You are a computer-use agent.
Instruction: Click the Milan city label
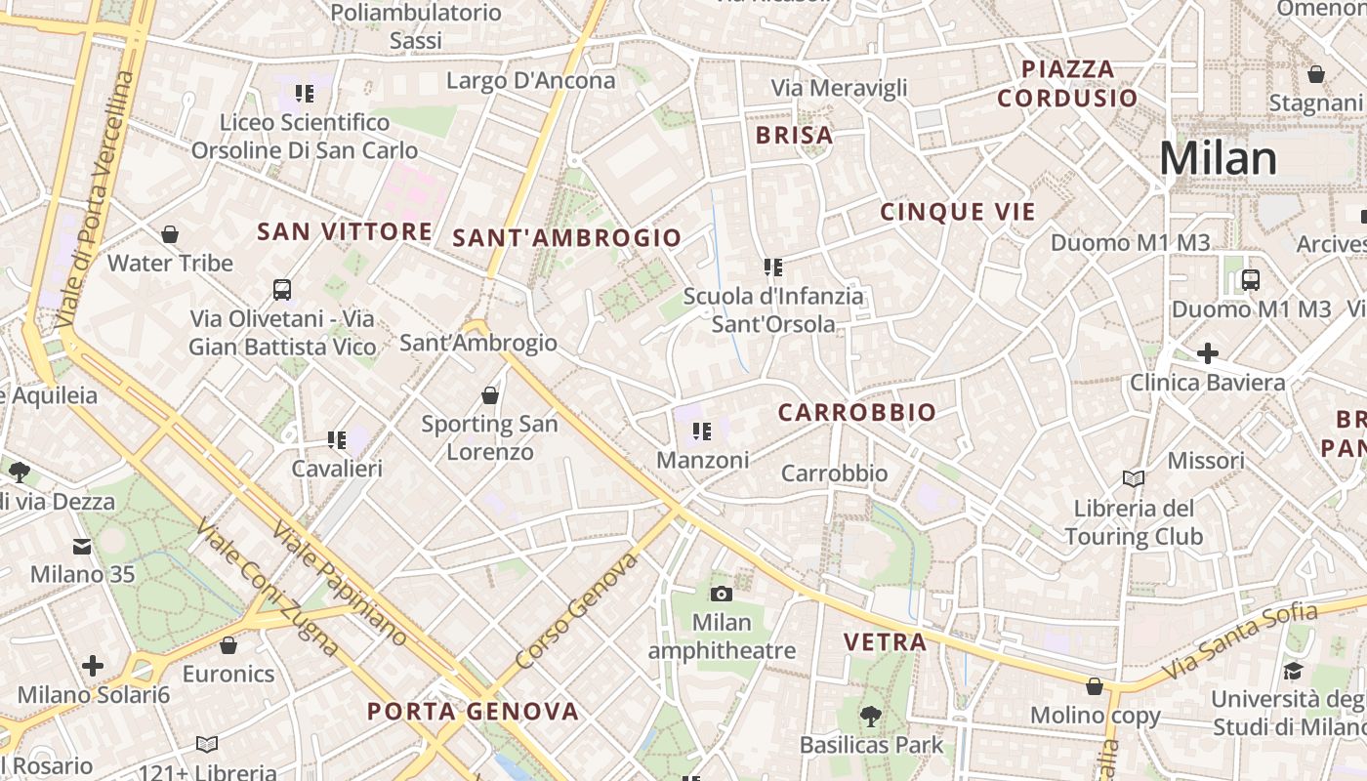[1218, 158]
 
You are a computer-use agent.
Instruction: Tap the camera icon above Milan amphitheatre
[721, 594]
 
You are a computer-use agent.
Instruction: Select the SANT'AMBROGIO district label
[566, 237]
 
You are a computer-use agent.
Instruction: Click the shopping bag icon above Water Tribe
[170, 234]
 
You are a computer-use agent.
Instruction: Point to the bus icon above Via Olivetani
[282, 289]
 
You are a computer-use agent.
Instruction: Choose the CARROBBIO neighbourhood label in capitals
[856, 413]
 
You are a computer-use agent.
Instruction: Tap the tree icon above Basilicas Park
[870, 717]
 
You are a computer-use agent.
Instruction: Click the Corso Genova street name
[576, 611]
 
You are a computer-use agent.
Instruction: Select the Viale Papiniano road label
[339, 583]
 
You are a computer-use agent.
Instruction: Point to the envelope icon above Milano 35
[82, 547]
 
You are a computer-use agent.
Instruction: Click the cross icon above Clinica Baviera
[1207, 352]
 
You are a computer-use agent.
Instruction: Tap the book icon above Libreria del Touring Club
[1133, 478]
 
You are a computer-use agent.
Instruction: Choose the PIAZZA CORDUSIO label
[1067, 83]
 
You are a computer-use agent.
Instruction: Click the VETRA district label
[885, 641]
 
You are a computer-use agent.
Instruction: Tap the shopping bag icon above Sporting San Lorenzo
[490, 395]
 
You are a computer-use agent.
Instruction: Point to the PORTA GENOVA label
[473, 712]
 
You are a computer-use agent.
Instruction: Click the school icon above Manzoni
[701, 431]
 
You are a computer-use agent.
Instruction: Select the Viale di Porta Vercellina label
[93, 199]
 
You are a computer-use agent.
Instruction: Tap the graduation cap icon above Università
[1293, 671]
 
